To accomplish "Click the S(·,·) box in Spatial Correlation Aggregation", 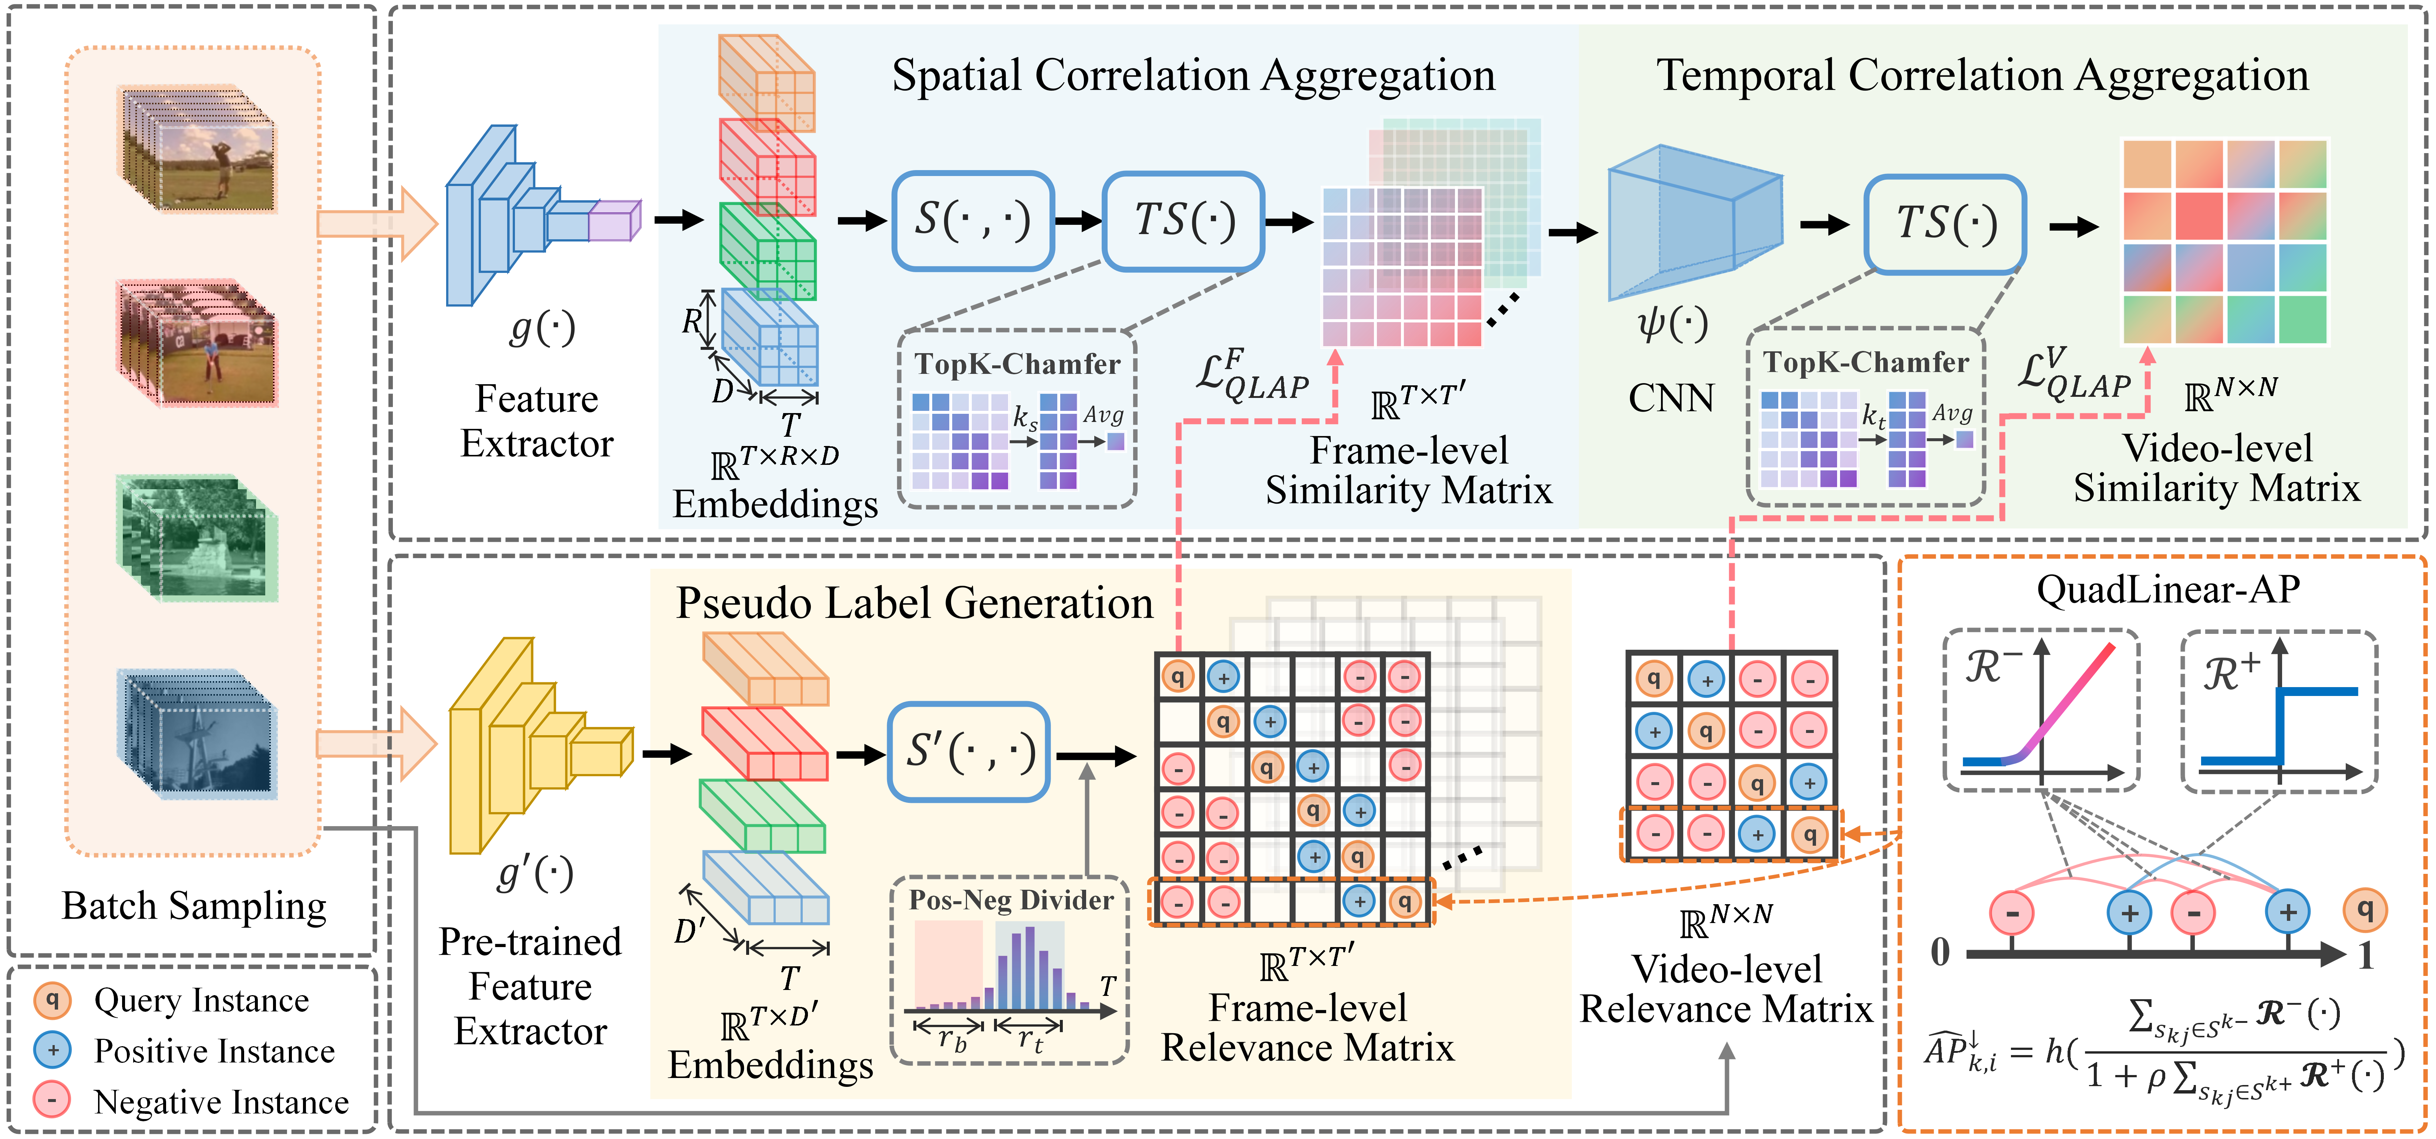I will click(972, 220).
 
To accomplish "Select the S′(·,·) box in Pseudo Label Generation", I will click(968, 751).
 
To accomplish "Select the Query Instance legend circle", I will click(52, 1000).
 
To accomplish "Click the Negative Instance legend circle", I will click(52, 1100).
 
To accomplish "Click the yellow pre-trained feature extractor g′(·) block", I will click(534, 747).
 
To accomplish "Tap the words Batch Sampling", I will click(194, 906).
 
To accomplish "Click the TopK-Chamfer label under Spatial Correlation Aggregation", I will click(1017, 364).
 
